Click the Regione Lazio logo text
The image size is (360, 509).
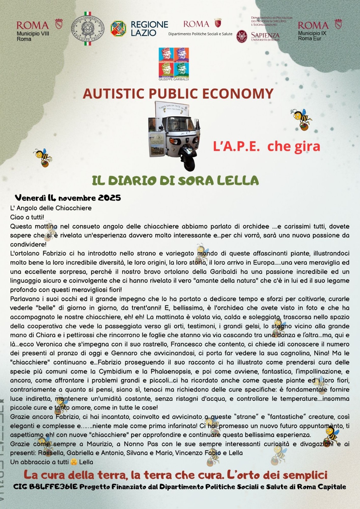click(149, 29)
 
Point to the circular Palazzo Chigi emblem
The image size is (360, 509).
click(87, 29)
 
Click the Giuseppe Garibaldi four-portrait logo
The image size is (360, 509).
click(173, 63)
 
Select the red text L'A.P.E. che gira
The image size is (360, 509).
click(266, 146)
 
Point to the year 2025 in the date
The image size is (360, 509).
click(109, 198)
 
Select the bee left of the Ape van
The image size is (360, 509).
click(43, 157)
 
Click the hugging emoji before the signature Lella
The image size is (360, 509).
click(74, 462)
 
